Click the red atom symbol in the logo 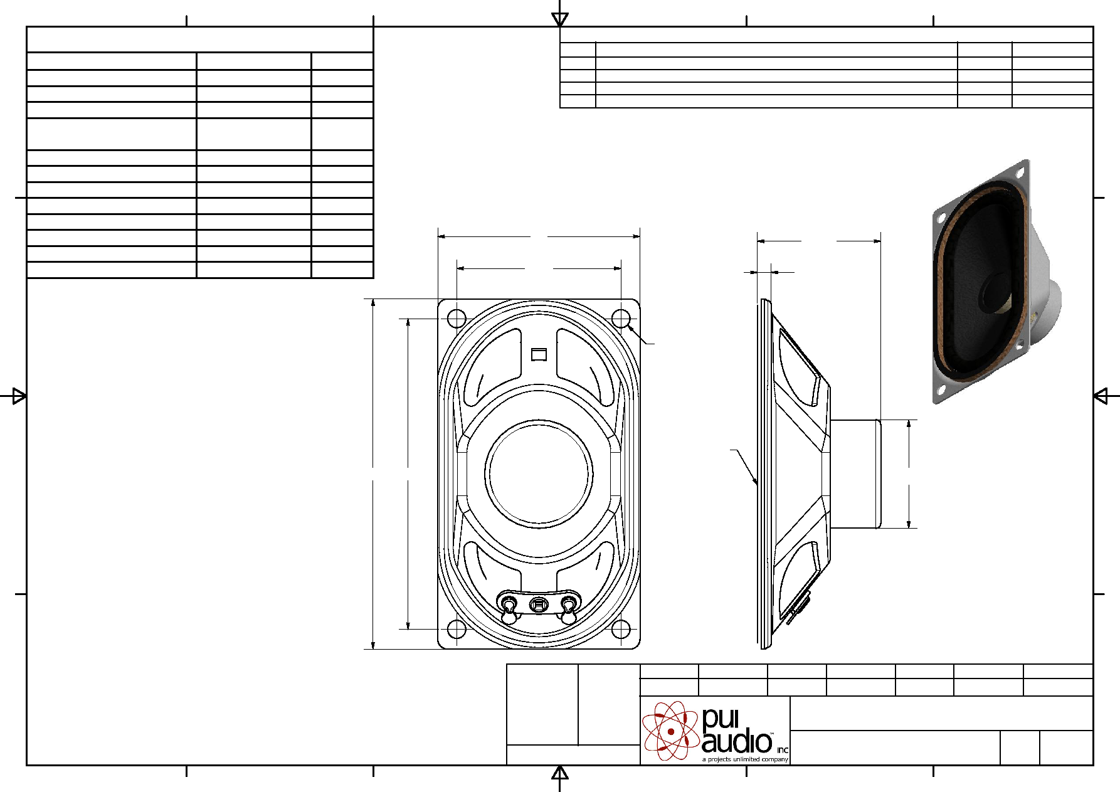670,731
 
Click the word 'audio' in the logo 737,742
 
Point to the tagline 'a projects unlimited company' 745,759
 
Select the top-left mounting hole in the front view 457,319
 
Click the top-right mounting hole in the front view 621,319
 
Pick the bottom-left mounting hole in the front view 457,629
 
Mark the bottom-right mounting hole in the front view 621,629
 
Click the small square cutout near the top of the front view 539,354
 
